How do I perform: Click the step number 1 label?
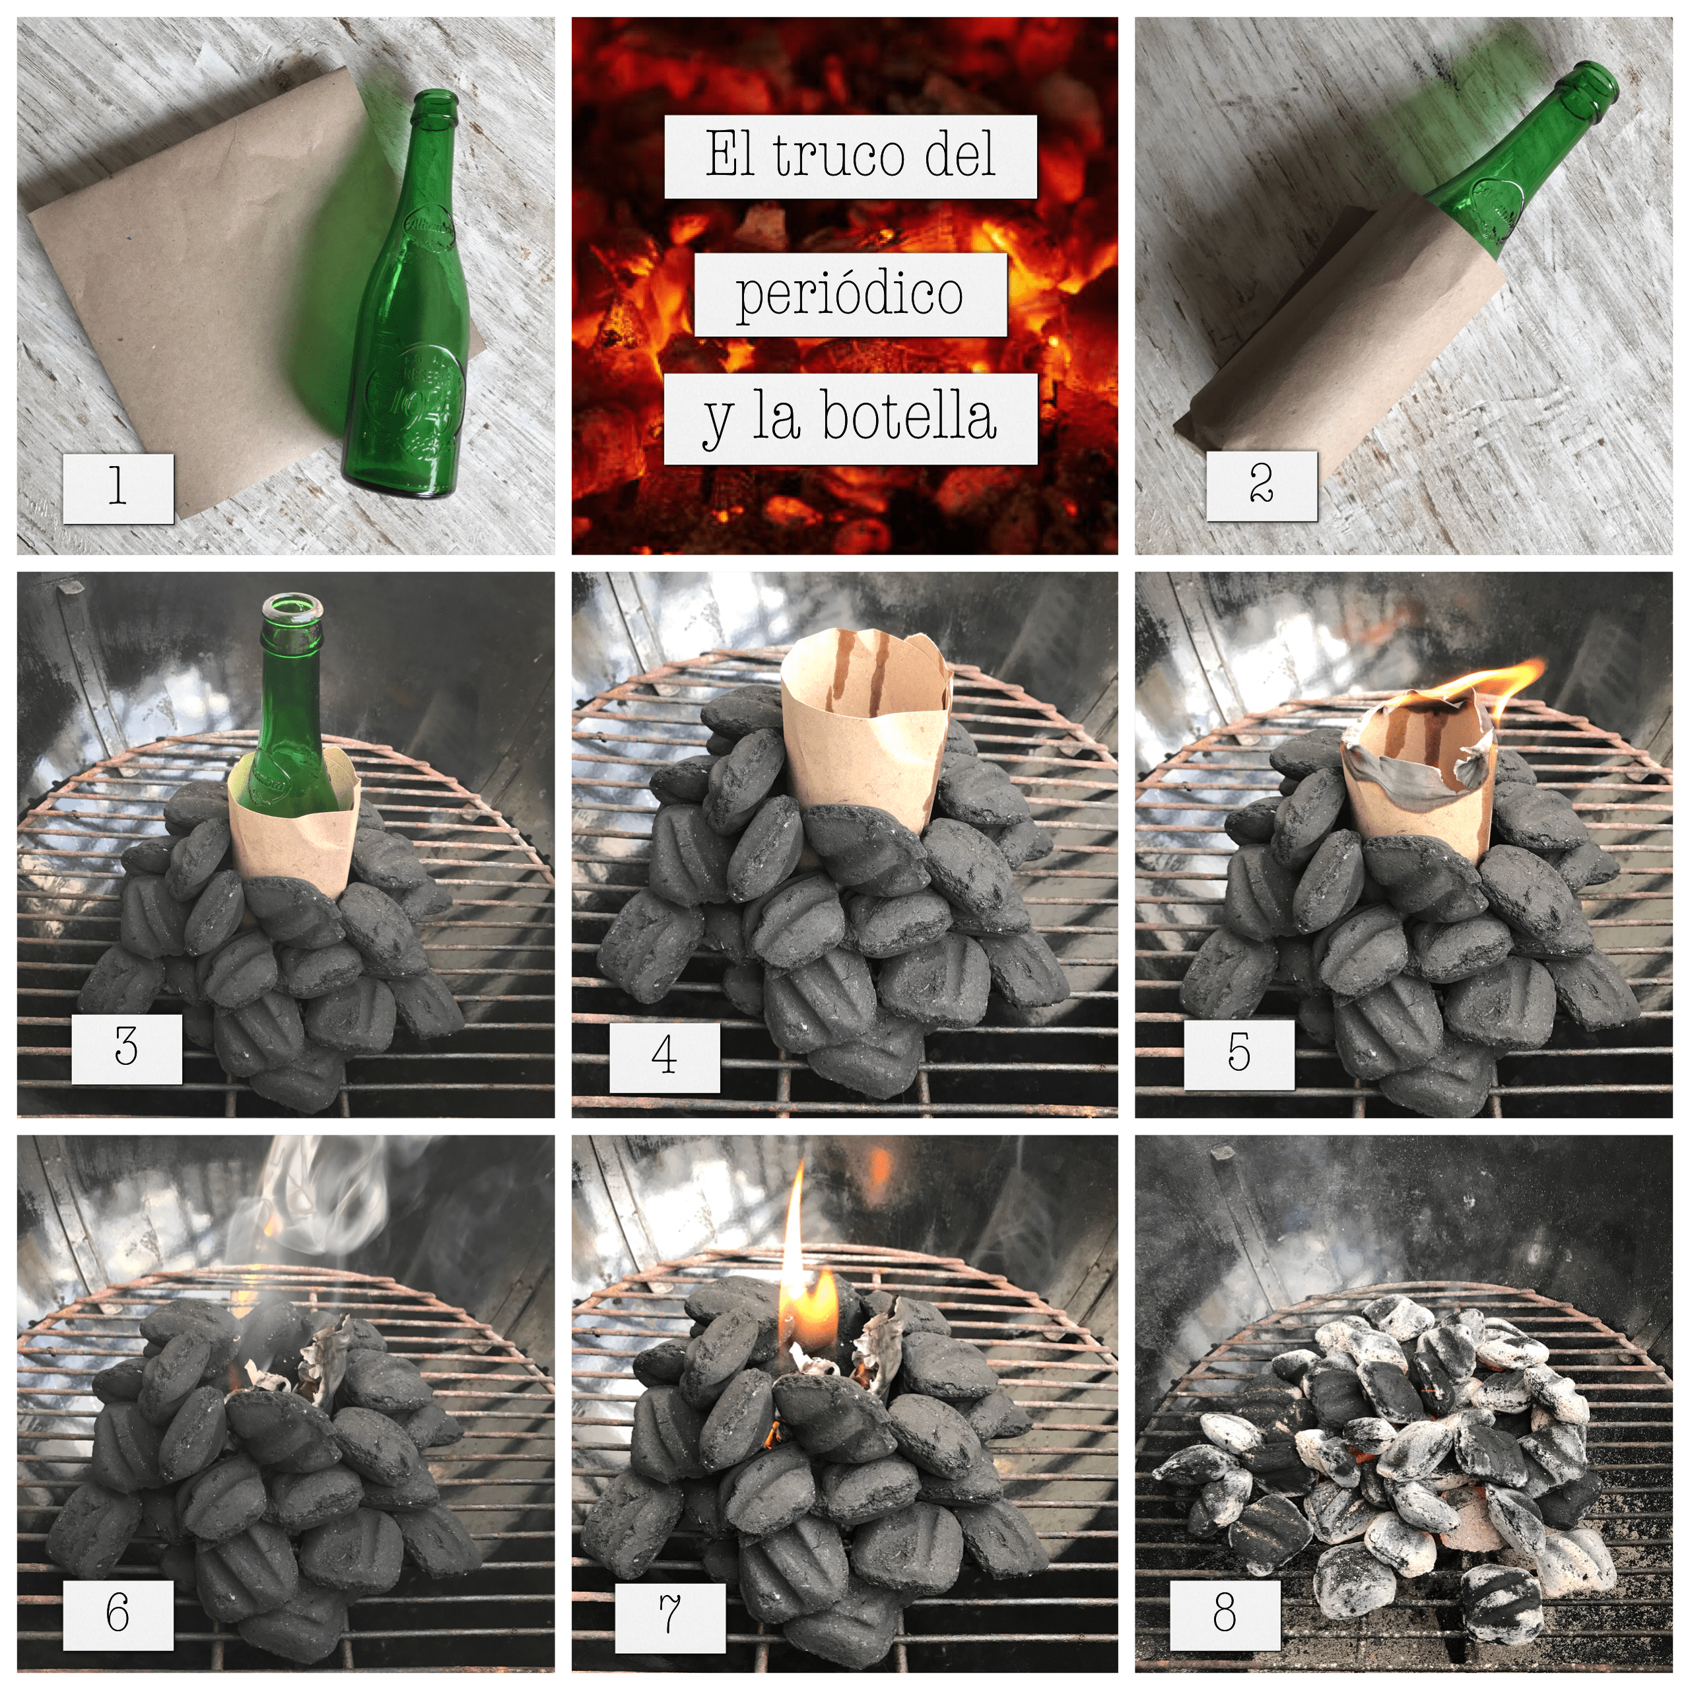pyautogui.click(x=118, y=488)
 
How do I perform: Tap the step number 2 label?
pyautogui.click(x=1262, y=485)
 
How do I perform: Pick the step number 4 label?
pyautogui.click(x=665, y=1057)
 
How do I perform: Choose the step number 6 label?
pyautogui.click(x=118, y=1613)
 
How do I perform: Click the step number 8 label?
pyautogui.click(x=1225, y=1612)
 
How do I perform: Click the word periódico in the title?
pyautogui.click(x=850, y=294)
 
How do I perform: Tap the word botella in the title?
pyautogui.click(x=909, y=417)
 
